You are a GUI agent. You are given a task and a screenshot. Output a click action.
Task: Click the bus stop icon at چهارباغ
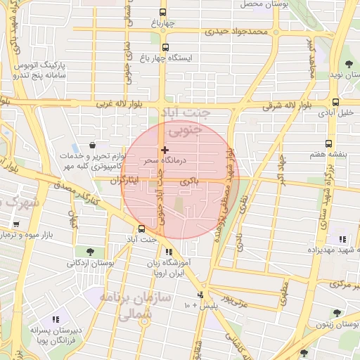(163, 12)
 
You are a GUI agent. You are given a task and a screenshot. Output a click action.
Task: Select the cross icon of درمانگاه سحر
(165, 150)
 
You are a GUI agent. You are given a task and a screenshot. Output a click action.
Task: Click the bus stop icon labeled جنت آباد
(142, 229)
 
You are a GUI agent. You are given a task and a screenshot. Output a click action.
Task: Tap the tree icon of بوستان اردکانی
(89, 251)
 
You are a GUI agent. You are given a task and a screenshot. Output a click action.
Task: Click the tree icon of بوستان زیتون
(337, 313)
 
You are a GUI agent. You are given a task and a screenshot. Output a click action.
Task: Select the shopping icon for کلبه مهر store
(93, 146)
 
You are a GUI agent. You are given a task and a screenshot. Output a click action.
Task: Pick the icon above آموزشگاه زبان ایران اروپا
(168, 252)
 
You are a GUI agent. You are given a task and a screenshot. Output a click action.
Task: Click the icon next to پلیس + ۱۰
(200, 295)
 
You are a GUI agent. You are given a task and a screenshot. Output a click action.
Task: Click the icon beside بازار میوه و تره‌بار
(15, 225)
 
